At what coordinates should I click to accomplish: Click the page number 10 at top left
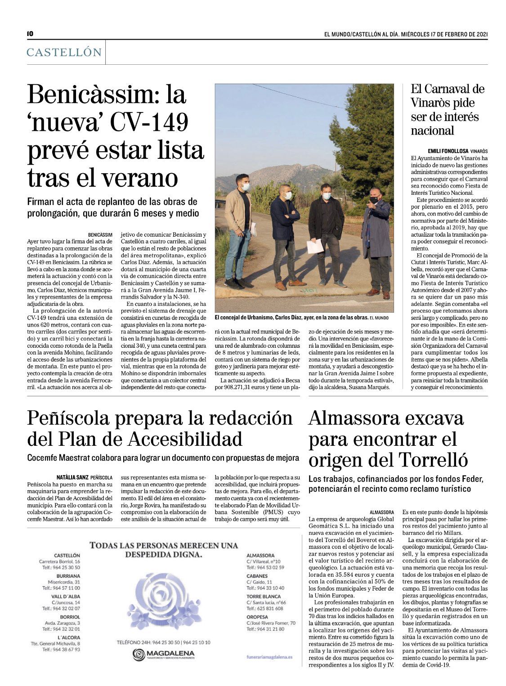pos(30,34)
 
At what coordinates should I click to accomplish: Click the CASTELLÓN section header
pos(64,52)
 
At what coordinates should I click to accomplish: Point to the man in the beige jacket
pos(238,229)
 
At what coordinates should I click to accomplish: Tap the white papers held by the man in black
pos(315,247)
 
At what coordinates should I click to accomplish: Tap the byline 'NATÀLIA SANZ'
pos(72,477)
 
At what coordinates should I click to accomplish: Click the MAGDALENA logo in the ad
pos(164,655)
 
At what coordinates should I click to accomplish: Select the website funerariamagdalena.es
pos(269,657)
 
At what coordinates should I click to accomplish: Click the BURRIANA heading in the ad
pos(68,576)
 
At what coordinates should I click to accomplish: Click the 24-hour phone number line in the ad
pos(163,642)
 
